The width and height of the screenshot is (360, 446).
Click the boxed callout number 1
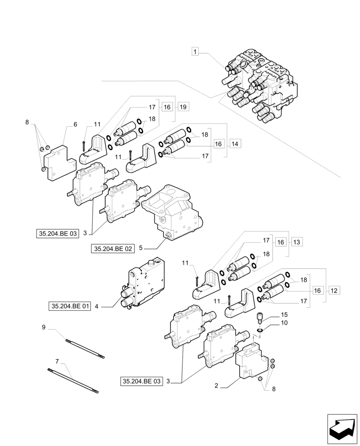tap(195, 52)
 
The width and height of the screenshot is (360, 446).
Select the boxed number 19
tap(183, 107)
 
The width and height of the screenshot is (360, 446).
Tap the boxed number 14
tap(235, 144)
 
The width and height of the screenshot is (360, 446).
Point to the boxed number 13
tap(297, 242)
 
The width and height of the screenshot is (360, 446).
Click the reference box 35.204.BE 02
tap(113, 249)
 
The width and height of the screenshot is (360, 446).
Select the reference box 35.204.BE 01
tap(70, 306)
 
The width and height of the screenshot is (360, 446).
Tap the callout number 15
tap(284, 314)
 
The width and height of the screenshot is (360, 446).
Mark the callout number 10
tap(284, 322)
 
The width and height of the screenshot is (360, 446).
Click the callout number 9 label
tap(44, 327)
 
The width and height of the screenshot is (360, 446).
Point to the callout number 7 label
tap(57, 360)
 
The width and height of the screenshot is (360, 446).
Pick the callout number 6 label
tap(75, 124)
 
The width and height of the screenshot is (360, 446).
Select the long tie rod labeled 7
tap(73, 381)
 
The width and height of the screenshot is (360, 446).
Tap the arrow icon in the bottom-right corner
tap(342, 429)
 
